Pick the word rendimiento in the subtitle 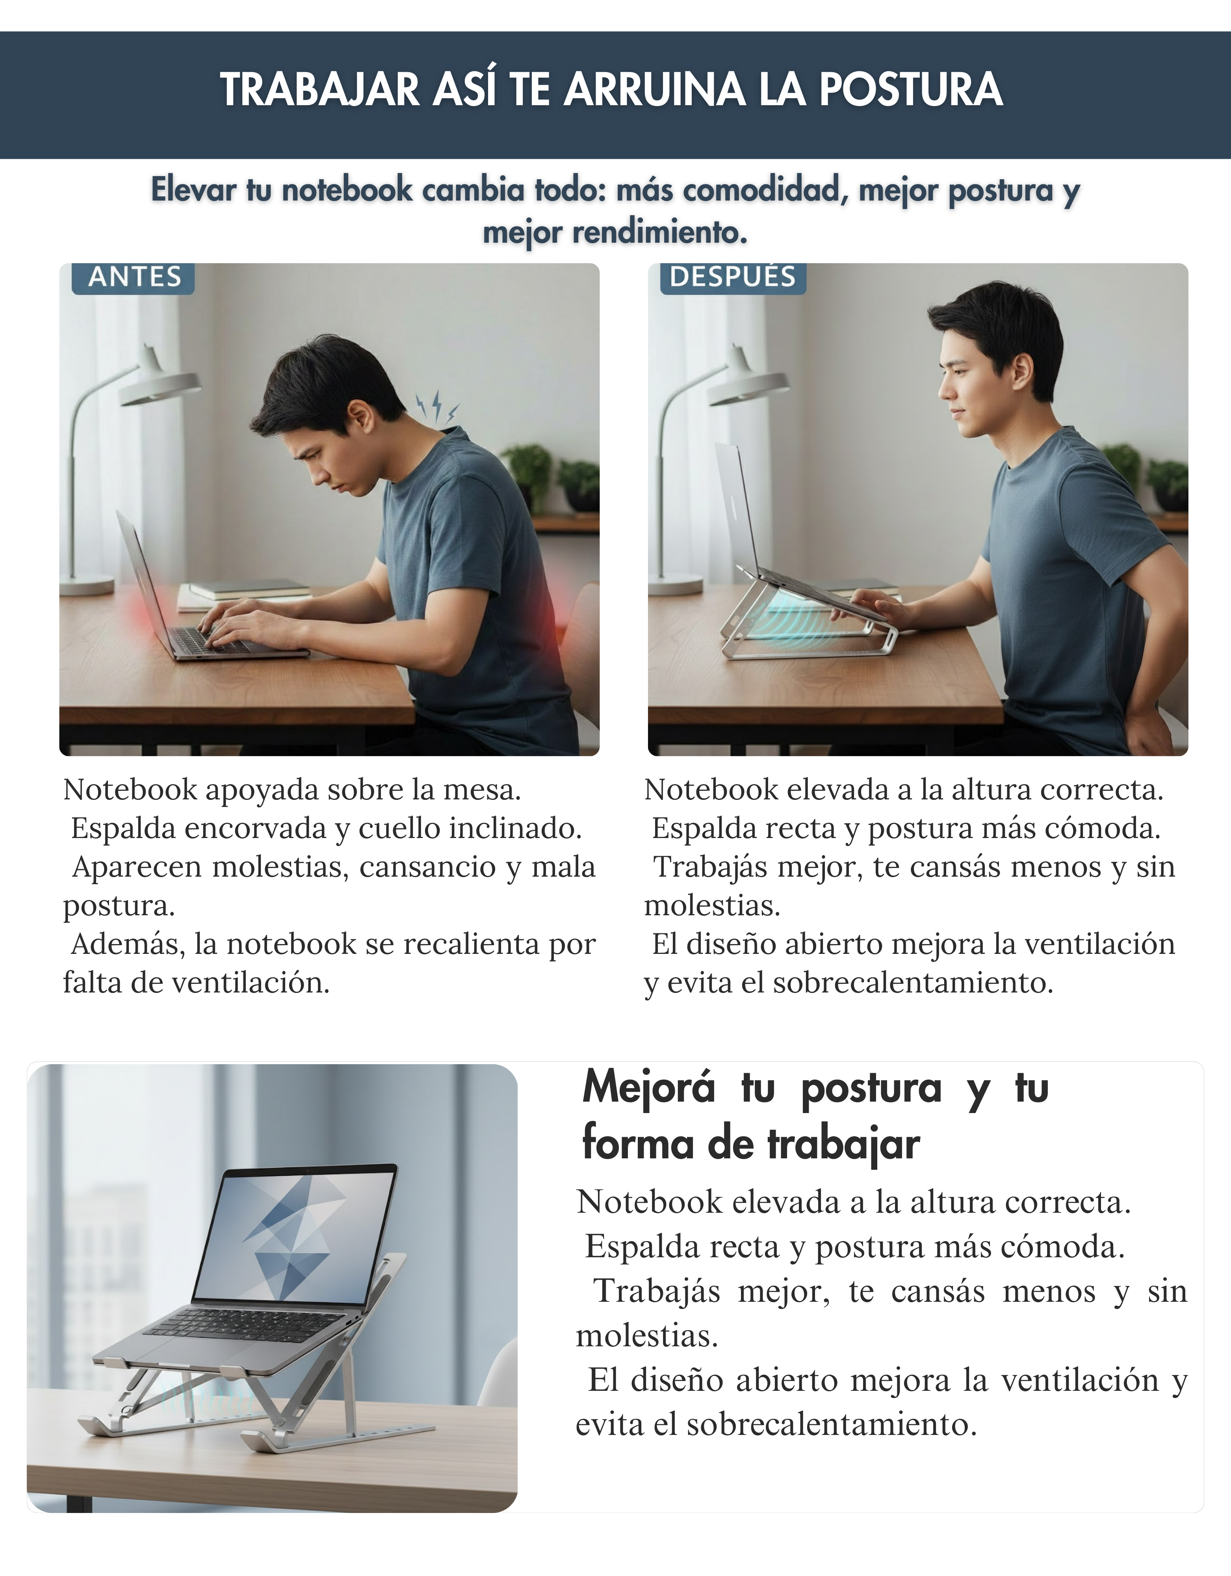click(659, 232)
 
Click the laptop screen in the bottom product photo click(296, 1234)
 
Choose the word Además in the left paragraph click(128, 944)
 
